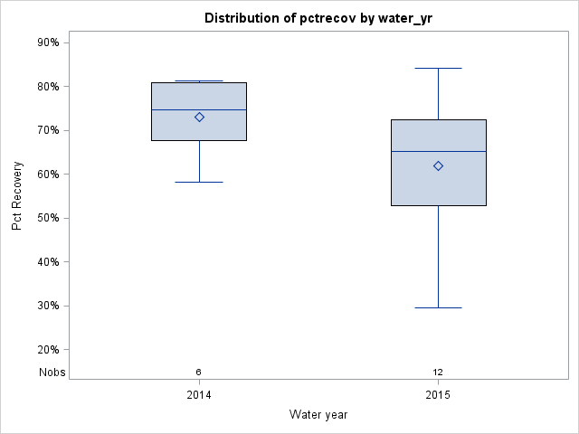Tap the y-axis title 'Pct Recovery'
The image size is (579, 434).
17,196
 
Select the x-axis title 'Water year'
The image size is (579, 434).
318,415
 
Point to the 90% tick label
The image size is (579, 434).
48,42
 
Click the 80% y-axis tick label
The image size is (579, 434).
48,87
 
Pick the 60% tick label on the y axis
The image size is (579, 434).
48,175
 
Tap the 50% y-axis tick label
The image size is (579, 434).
48,218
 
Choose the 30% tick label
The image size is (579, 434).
48,306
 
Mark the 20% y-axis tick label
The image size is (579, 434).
48,350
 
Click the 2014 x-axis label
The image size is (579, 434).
199,395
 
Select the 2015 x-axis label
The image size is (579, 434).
438,395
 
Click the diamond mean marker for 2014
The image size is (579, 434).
199,117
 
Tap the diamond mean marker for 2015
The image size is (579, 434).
438,165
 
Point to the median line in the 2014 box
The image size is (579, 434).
199,109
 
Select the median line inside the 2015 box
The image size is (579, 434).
438,152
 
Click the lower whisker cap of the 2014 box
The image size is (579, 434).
199,182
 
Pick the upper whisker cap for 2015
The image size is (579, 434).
438,68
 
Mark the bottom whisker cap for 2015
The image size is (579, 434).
438,307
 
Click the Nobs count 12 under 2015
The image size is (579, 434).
438,372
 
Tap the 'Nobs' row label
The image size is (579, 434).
52,372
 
